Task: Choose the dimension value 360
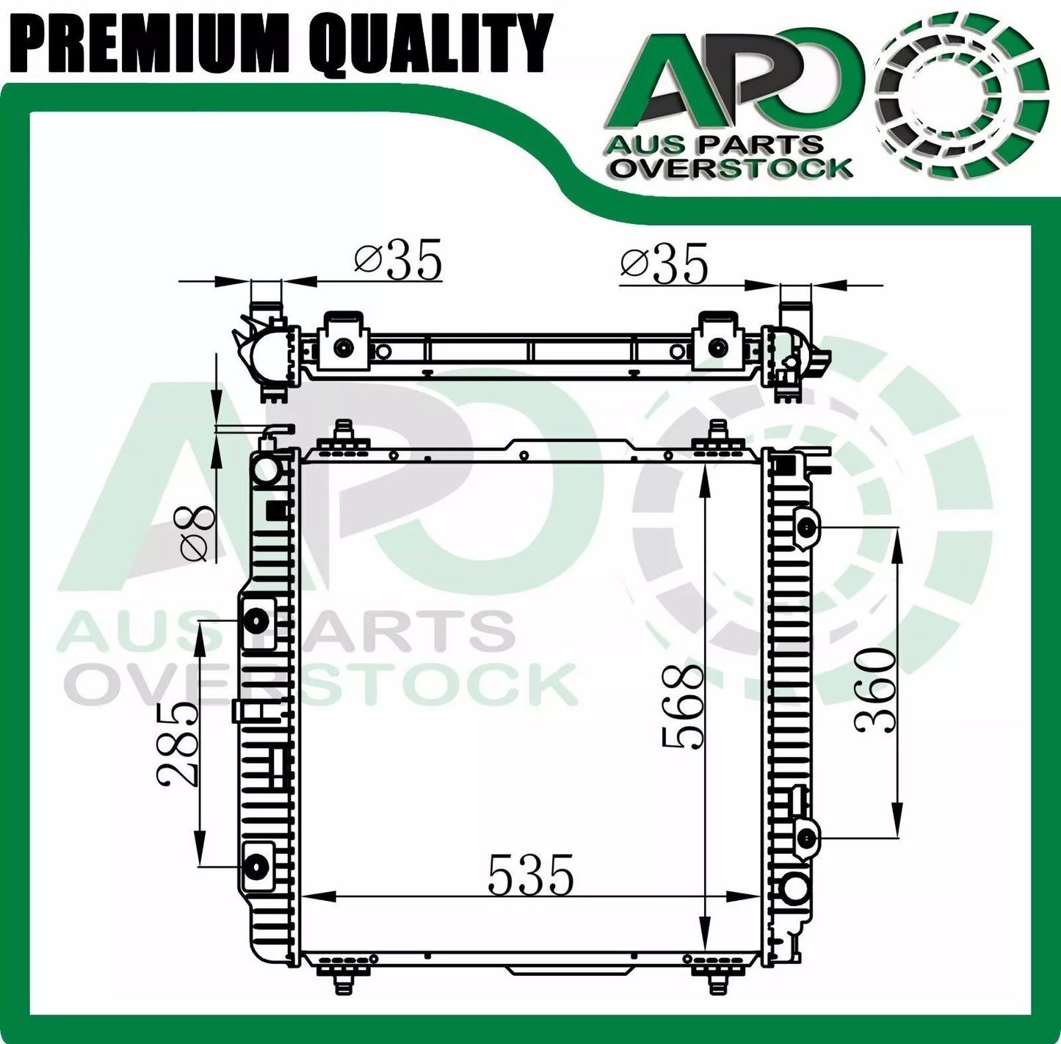click(875, 689)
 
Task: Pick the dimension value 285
click(178, 743)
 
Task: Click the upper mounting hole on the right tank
click(806, 527)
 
